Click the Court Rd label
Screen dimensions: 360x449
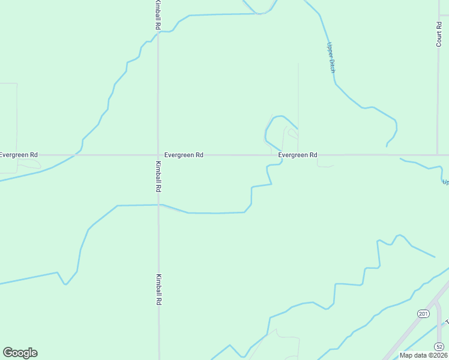pyautogui.click(x=439, y=34)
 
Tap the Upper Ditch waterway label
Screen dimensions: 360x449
pyautogui.click(x=330, y=57)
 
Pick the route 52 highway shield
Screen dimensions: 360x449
pyautogui.click(x=439, y=346)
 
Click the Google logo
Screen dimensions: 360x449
pyautogui.click(x=20, y=353)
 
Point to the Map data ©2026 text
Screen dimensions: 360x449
pyautogui.click(x=423, y=355)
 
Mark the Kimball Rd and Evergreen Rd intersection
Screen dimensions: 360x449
pyautogui.click(x=158, y=155)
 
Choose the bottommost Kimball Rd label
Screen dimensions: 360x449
pyautogui.click(x=158, y=290)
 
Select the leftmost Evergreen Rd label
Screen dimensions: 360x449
pyautogui.click(x=19, y=155)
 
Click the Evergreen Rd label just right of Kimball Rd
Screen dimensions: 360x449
pyautogui.click(x=184, y=155)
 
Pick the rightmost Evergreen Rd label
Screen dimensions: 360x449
pyautogui.click(x=298, y=155)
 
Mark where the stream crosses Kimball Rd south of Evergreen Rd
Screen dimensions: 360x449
pyautogui.click(x=158, y=205)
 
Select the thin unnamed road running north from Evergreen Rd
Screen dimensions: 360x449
pyautogui.click(x=298, y=96)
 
